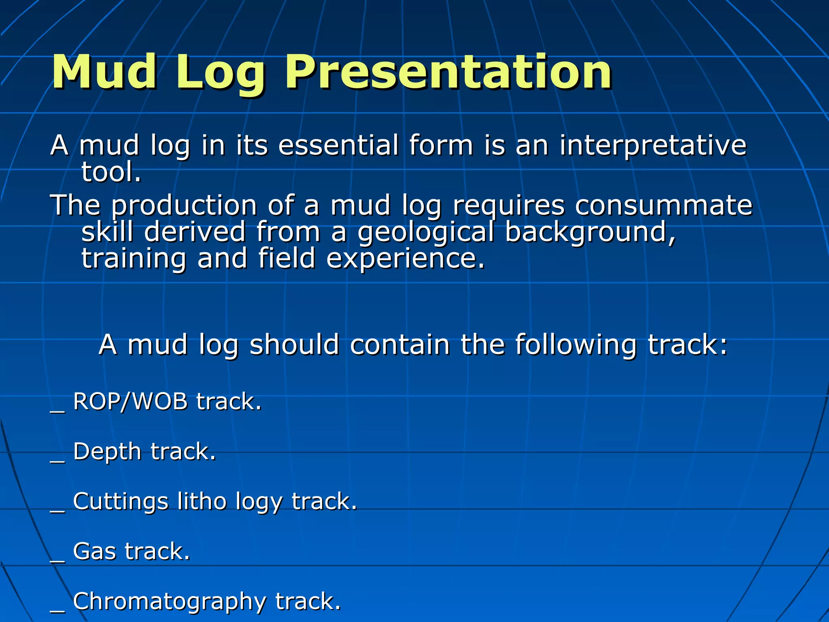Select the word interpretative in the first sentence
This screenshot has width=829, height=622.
[x=653, y=145]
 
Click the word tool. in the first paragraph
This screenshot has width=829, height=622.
[x=111, y=173]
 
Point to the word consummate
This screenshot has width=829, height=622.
[x=663, y=205]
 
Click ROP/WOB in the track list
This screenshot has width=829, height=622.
[x=130, y=402]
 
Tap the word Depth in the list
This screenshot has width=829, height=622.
[x=107, y=452]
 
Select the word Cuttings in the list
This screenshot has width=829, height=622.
[x=120, y=502]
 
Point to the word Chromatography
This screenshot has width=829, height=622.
[x=169, y=602]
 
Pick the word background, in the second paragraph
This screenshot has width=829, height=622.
[x=591, y=232]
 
